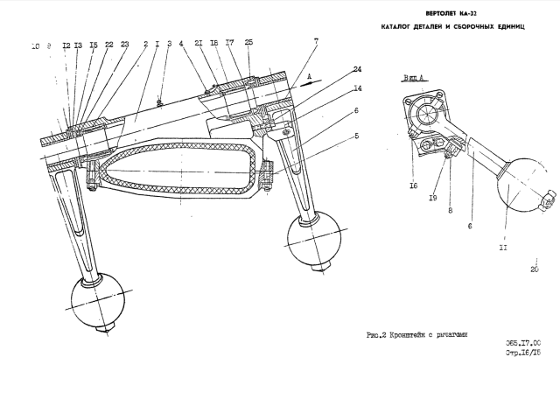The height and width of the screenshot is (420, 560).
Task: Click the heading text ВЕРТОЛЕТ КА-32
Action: (451, 15)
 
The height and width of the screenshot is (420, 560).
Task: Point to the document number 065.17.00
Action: (523, 343)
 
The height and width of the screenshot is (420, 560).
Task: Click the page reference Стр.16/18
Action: (523, 353)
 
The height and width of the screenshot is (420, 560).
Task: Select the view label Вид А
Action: (413, 79)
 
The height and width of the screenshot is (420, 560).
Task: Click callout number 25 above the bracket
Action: (249, 42)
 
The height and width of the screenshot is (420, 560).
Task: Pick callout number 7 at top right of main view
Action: (316, 41)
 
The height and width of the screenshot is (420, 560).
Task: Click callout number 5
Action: (357, 136)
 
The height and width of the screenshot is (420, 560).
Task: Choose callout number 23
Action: (125, 44)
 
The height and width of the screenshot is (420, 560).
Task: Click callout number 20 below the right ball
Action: (534, 269)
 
